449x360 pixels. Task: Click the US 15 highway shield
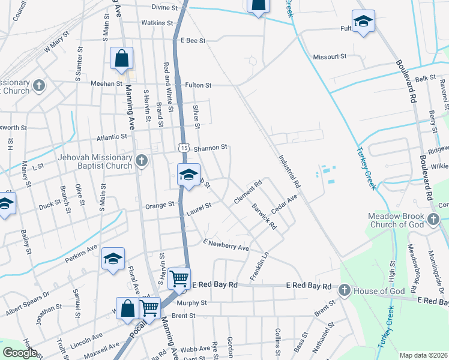click(x=184, y=147)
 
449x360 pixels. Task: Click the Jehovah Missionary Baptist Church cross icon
click(x=142, y=161)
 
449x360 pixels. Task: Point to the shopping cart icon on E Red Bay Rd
click(x=179, y=278)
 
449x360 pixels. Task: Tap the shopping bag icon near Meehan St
click(x=121, y=59)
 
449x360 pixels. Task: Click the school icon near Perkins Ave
click(x=113, y=259)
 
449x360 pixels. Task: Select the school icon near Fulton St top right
click(x=363, y=22)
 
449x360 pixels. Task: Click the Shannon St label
click(x=210, y=147)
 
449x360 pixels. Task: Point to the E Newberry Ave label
click(x=226, y=245)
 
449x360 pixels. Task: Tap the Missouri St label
click(x=330, y=56)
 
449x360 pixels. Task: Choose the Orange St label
click(x=160, y=205)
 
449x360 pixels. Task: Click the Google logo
click(x=20, y=352)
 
